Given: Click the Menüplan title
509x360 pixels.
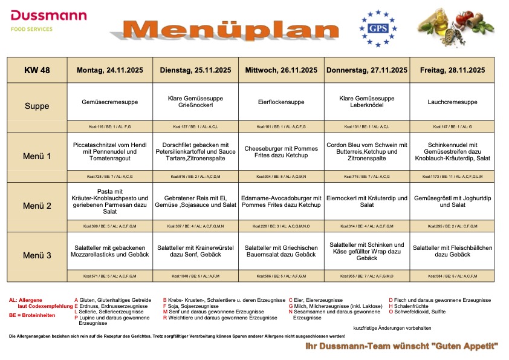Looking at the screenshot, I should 232,30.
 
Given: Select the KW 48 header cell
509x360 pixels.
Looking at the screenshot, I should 37,70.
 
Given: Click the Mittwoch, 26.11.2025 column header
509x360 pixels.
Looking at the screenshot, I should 281,70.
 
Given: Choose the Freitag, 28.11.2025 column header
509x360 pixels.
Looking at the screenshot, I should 452,70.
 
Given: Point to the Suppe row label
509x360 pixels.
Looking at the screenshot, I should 37,106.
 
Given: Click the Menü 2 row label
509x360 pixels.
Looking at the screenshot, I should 37,206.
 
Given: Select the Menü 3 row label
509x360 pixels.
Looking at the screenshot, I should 37,255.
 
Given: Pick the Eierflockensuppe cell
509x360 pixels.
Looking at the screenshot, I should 281,103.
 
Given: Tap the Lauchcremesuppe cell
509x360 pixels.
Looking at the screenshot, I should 452,103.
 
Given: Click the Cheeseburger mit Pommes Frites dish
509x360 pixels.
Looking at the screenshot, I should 281,151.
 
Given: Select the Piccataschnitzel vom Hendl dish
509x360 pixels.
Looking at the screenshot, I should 110,151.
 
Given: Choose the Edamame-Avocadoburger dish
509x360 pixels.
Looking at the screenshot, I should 281,201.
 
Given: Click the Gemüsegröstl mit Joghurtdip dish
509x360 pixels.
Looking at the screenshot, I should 452,201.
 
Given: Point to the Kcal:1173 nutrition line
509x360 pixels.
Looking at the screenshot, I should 452,177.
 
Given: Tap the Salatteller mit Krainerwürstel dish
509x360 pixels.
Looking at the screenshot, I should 196,251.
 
